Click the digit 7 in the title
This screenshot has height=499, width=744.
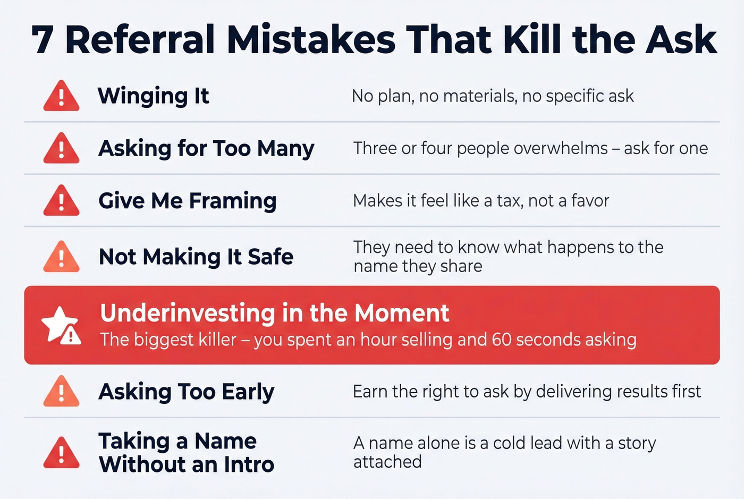click(x=42, y=40)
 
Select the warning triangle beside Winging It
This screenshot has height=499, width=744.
click(x=61, y=96)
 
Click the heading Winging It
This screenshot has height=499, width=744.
click(x=153, y=96)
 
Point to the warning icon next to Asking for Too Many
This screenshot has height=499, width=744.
click(x=61, y=148)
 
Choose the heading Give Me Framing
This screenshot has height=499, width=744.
click(x=187, y=201)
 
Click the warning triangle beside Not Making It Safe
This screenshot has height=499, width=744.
click(x=61, y=257)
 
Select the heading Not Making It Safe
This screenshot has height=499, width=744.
click(x=196, y=257)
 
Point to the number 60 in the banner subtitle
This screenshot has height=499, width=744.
click(x=502, y=340)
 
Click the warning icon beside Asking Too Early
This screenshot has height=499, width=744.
click(x=61, y=392)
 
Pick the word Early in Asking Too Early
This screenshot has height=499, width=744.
click(x=248, y=392)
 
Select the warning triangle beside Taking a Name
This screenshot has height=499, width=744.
click(x=61, y=453)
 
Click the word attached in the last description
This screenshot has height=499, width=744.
click(x=387, y=462)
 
